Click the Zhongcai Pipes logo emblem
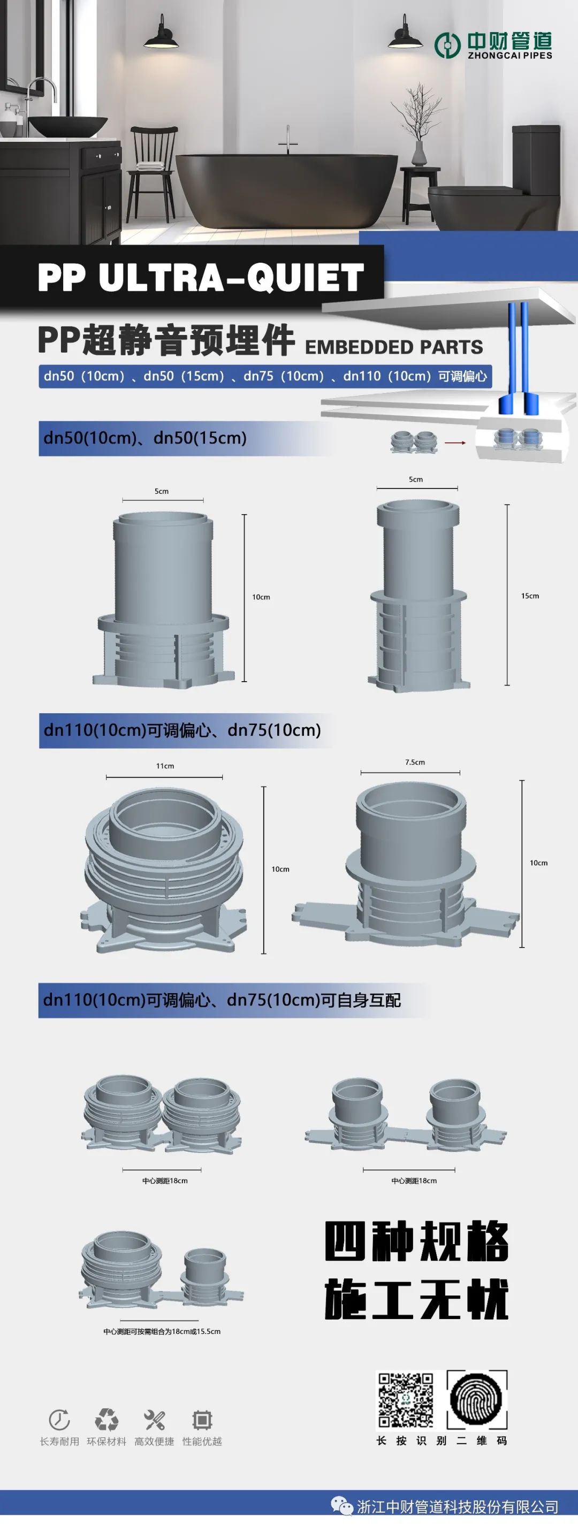(x=447, y=45)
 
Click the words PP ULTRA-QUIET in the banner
(x=201, y=277)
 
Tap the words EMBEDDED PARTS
(x=394, y=346)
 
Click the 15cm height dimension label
(x=530, y=596)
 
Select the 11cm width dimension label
(x=165, y=766)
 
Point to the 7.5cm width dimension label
(x=415, y=762)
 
